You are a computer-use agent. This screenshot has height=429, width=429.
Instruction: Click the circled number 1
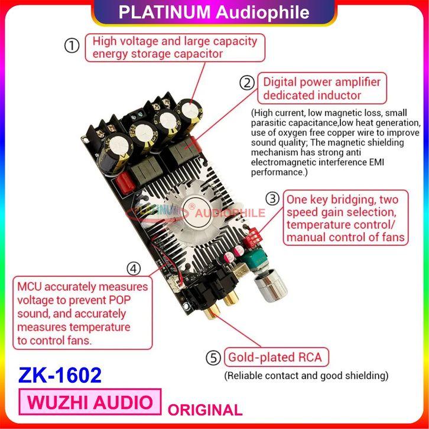tap(71, 46)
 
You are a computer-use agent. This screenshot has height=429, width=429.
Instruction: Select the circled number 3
tap(272, 199)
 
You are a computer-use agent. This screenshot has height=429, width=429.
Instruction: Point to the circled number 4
tap(135, 269)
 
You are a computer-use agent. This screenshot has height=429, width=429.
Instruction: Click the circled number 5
tap(213, 357)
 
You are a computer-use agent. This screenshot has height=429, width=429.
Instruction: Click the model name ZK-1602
tap(60, 375)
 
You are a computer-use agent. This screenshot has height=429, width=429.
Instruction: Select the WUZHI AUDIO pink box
tap(90, 402)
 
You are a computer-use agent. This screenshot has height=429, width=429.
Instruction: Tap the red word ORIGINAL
tap(205, 409)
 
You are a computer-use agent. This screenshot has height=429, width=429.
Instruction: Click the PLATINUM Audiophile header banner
tap(214, 12)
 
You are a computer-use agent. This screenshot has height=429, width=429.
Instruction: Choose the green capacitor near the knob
tap(256, 260)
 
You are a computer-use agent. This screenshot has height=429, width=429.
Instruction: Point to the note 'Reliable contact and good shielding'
tap(305, 375)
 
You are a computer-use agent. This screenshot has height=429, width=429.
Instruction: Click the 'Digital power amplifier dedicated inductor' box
tap(321, 89)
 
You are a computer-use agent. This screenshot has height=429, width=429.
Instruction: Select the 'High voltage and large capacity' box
tap(174, 47)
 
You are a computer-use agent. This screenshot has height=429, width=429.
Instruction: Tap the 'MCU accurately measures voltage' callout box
tap(82, 313)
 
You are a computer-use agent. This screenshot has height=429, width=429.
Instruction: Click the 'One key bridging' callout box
tap(346, 219)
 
